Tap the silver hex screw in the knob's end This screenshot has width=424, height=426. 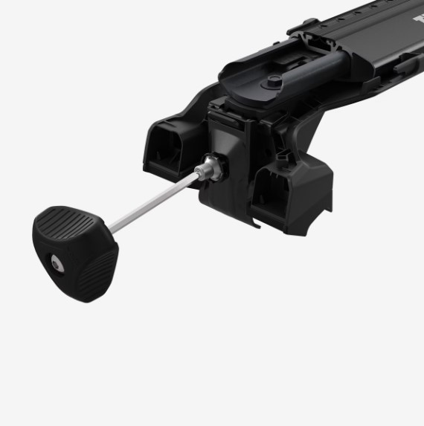[58, 262]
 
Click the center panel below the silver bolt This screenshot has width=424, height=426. [222, 204]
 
